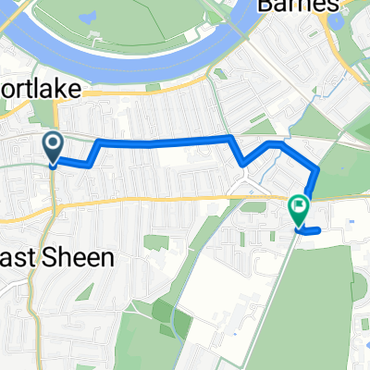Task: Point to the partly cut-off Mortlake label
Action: point(43,90)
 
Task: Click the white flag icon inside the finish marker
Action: point(299,206)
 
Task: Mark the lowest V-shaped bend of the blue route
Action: point(242,165)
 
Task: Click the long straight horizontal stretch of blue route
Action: point(162,141)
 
